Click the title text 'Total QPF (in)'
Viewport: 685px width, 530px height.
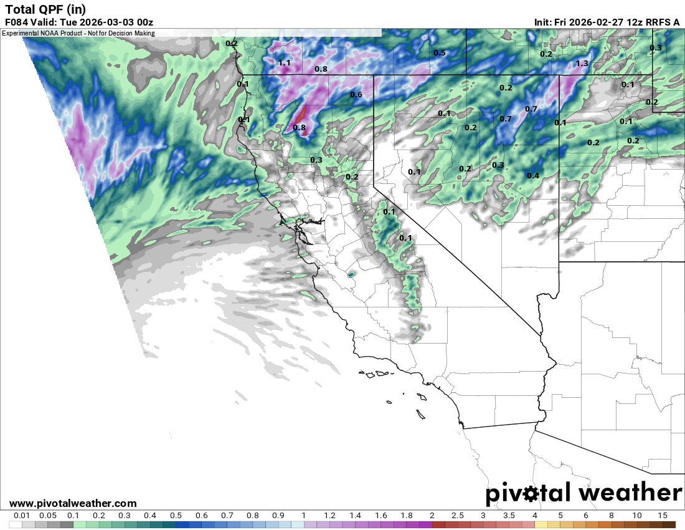point(45,9)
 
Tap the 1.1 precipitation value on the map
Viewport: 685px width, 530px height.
point(285,63)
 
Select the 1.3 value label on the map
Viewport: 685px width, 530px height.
point(582,64)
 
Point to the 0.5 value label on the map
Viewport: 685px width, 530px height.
point(440,53)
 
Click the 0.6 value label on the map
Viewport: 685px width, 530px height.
point(356,95)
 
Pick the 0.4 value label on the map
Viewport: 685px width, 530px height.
point(533,176)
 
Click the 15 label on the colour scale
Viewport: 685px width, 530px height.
point(662,516)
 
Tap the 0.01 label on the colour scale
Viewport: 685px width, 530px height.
point(22,516)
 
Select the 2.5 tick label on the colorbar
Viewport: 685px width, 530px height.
point(458,516)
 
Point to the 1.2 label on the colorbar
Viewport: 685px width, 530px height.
point(329,516)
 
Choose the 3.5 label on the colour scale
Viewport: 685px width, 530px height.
point(509,516)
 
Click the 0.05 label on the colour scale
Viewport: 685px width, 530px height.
point(47,516)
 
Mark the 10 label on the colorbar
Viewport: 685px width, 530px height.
point(636,516)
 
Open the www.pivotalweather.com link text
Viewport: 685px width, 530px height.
point(73,503)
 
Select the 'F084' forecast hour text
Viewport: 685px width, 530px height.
point(17,22)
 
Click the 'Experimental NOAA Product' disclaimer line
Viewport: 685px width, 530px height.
point(78,32)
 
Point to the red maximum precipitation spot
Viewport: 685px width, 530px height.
point(301,115)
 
